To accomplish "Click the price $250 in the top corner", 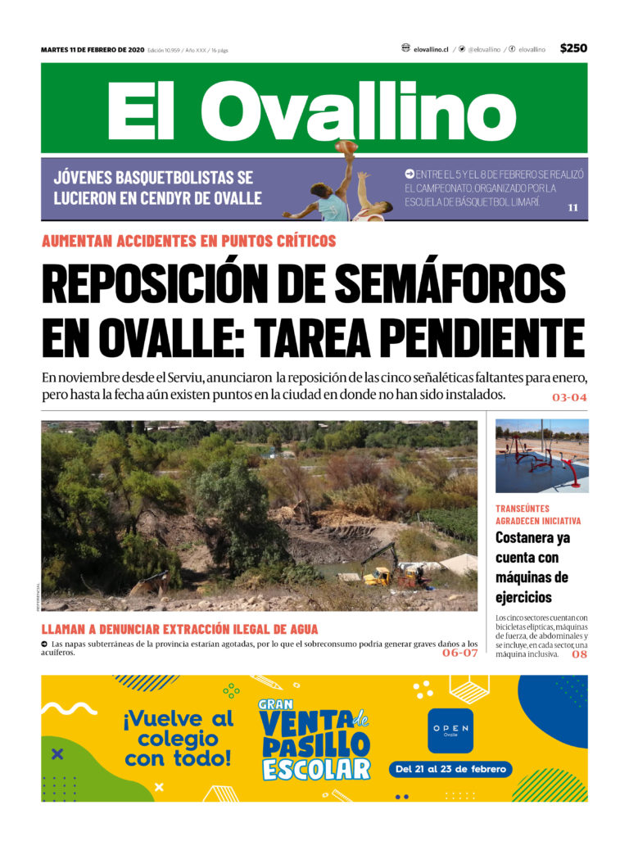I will pos(573,48).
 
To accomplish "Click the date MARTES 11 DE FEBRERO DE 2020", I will pos(93,50).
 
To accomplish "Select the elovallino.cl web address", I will pos(431,49).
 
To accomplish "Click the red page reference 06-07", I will pos(459,653).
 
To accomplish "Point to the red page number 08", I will pos(579,654).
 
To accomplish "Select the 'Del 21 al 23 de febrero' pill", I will pos(452,770).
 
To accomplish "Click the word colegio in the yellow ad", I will pos(179,740).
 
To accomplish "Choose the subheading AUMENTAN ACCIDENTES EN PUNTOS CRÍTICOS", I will pos(188,241).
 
